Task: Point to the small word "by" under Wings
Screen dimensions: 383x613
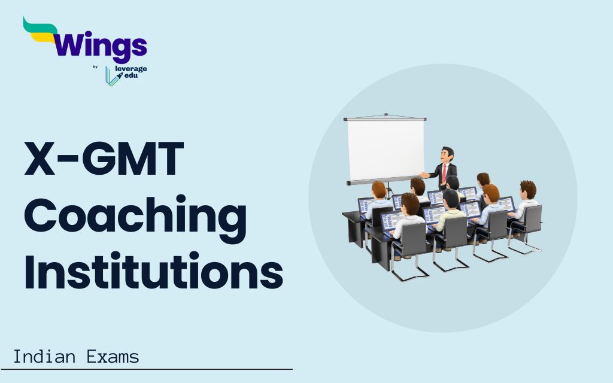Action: coord(95,67)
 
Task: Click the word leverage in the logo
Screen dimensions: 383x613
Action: coord(131,69)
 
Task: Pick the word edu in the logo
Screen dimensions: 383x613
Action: coord(129,77)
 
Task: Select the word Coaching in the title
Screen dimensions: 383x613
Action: coord(135,217)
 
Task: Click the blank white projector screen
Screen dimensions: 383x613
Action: coord(386,150)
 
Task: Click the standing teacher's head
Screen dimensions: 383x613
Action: coord(447,154)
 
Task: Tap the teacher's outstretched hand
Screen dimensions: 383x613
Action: coord(424,175)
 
